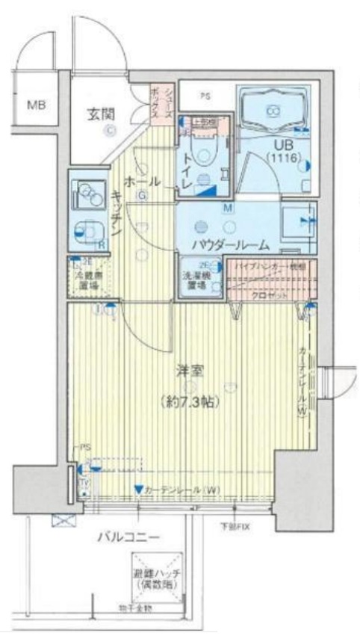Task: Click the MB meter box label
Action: (x=37, y=105)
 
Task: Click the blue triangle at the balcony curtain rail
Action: (x=138, y=490)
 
